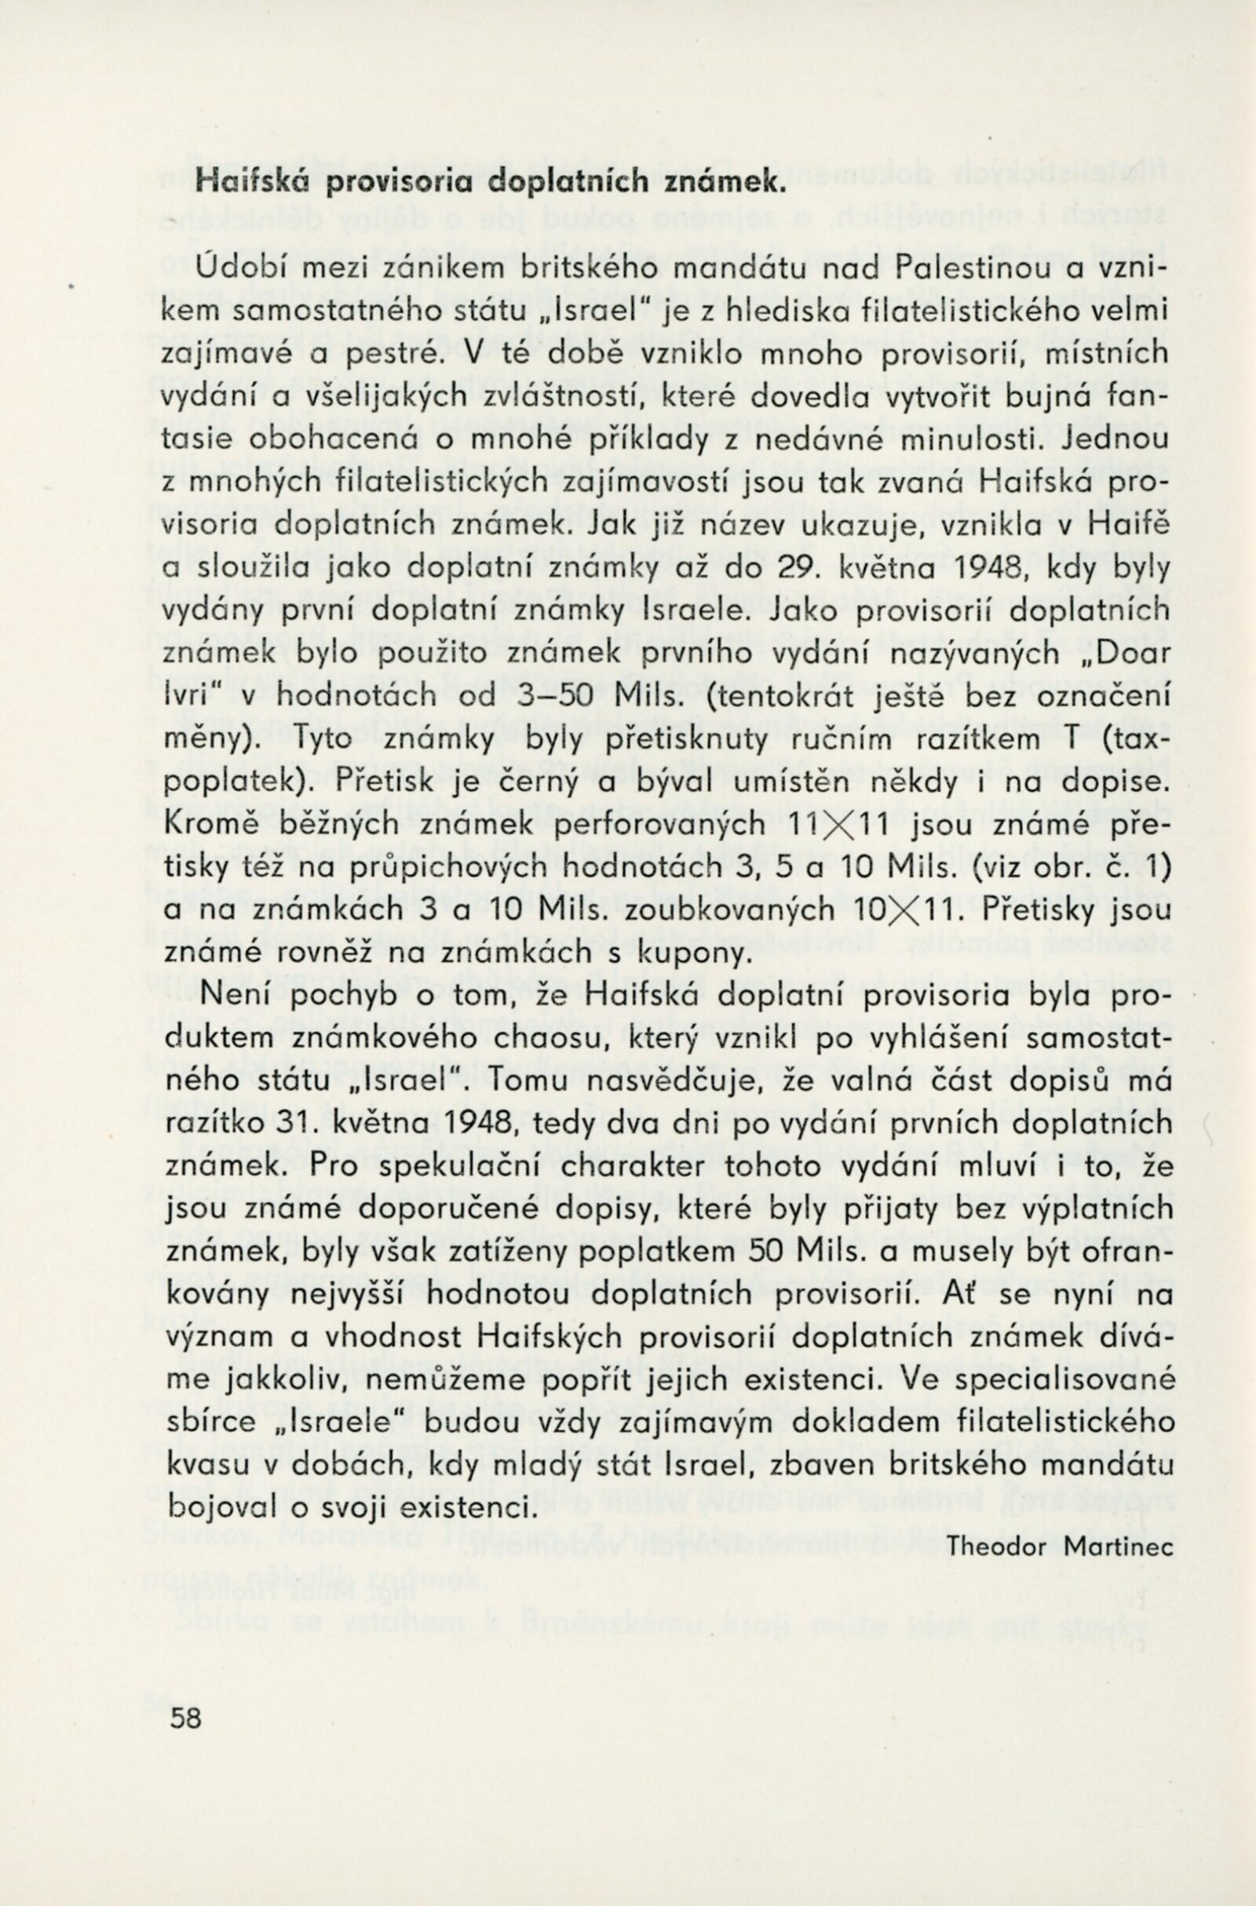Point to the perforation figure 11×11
click(836, 825)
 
